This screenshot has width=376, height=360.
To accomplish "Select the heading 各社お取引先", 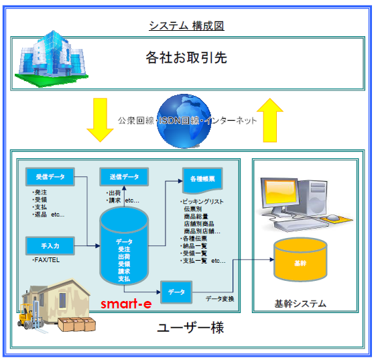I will point(186,58).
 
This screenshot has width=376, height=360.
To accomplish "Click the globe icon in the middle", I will point(186,121).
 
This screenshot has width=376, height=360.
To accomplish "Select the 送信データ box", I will point(123,177).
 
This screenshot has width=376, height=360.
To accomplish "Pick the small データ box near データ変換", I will point(176,292).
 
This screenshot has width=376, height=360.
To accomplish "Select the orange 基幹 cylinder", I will point(300,262).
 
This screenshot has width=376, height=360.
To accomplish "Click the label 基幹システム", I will point(300,304).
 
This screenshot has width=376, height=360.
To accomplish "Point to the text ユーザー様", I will point(190,328).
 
